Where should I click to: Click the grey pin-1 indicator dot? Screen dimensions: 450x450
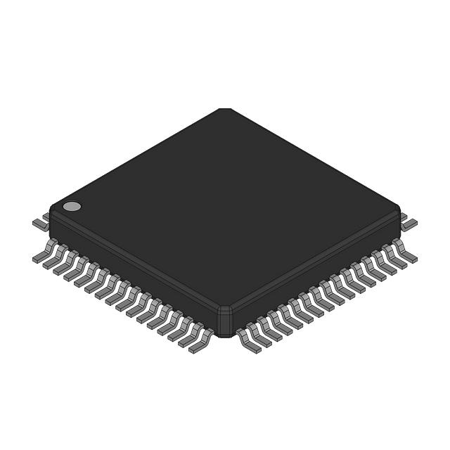coord(72,206)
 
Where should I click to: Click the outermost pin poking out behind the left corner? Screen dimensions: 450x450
coord(40,224)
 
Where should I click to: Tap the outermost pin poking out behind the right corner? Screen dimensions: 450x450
coord(409,224)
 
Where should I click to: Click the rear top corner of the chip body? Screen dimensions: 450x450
coord(224,110)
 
